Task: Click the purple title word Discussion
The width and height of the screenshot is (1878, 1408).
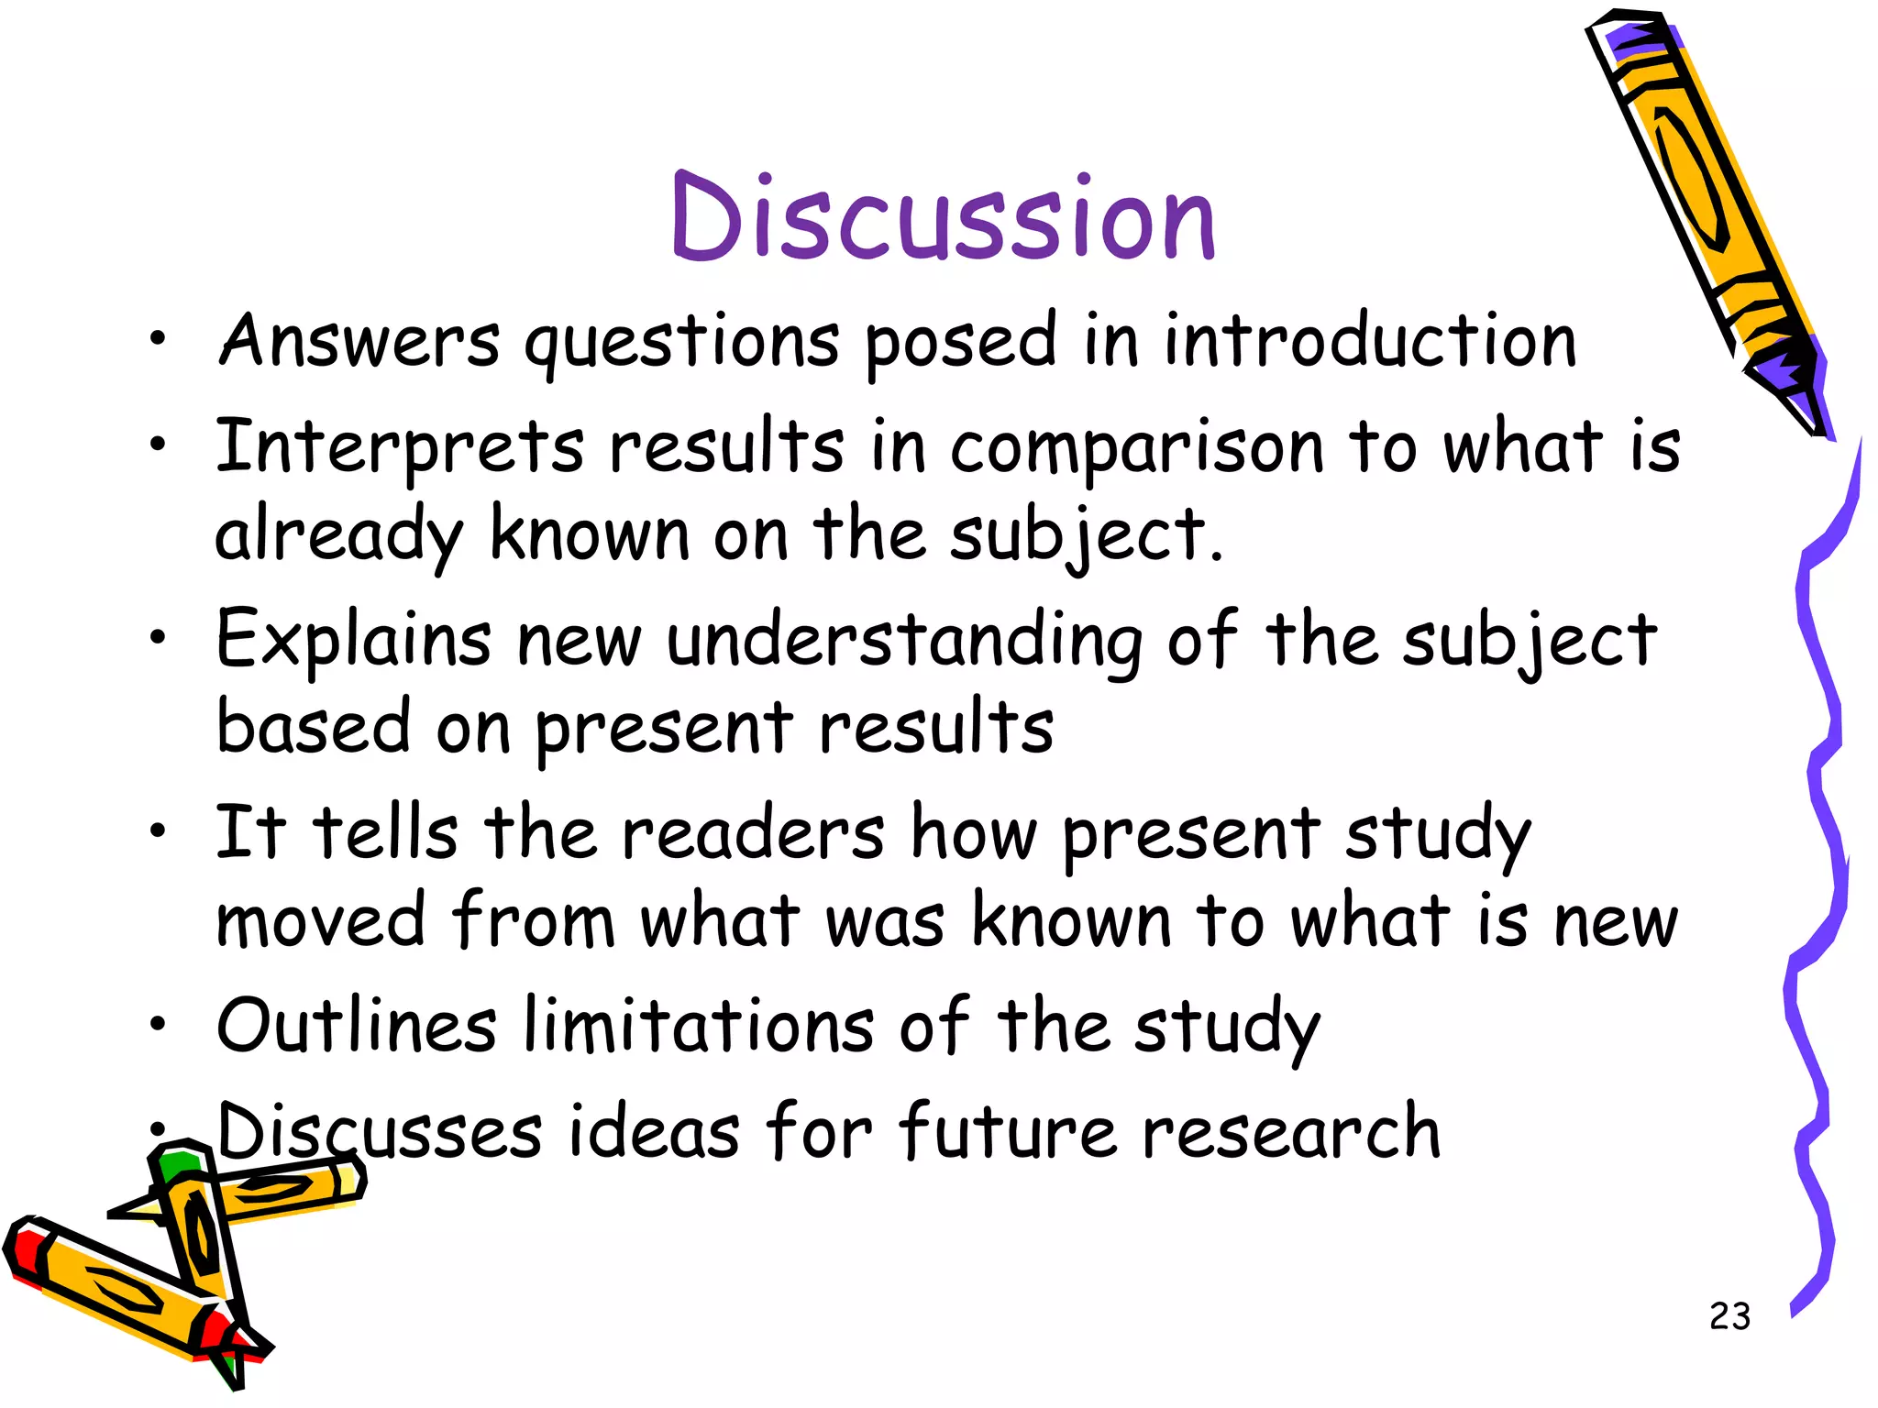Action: (943, 217)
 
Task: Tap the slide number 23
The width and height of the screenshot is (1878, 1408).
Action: (1729, 1316)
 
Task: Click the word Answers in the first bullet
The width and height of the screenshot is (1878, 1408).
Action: (359, 341)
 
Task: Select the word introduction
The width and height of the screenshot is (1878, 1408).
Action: (1370, 341)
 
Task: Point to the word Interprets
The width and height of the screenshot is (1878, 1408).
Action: (400, 448)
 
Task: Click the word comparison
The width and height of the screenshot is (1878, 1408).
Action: (1137, 448)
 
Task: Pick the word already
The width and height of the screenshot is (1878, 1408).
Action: (338, 534)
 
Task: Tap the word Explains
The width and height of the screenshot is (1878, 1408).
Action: (353, 639)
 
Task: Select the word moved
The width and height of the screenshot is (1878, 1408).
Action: (320, 920)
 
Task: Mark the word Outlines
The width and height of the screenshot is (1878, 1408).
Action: (357, 1026)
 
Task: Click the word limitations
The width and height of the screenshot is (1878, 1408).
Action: (699, 1026)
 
